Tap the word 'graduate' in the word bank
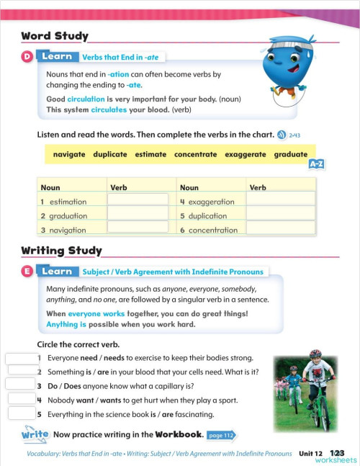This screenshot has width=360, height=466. click(290, 154)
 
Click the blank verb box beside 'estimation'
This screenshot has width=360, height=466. click(138, 201)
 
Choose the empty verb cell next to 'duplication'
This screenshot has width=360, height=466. click(281, 215)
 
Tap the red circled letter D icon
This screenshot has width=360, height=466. click(27, 56)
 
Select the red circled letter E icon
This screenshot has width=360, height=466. click(27, 272)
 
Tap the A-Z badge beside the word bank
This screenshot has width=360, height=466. click(316, 164)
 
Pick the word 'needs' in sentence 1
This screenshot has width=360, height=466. click(114, 357)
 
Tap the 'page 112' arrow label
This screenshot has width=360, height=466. click(221, 435)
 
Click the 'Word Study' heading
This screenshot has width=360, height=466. click(55, 36)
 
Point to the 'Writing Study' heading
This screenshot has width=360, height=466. click(61, 251)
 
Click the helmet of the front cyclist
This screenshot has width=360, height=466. click(315, 354)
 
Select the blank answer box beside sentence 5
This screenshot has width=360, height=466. click(22, 414)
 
